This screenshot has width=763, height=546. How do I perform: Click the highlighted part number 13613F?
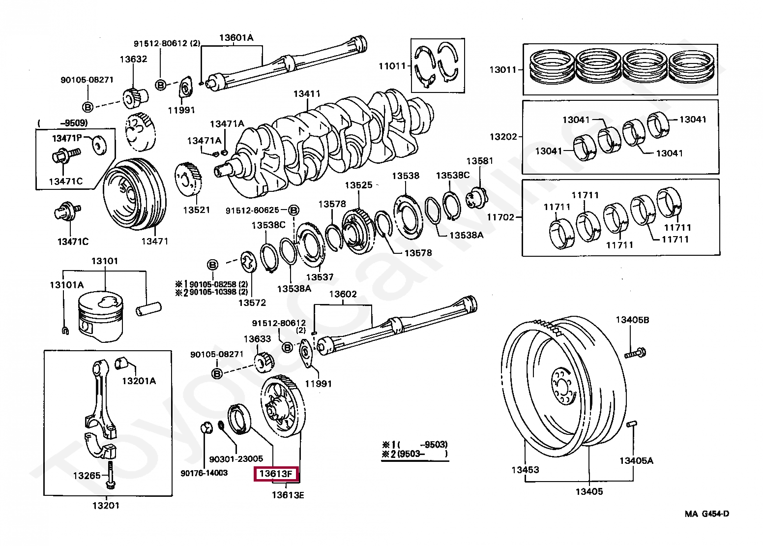click(276, 474)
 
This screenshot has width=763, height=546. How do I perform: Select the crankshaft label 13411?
click(307, 94)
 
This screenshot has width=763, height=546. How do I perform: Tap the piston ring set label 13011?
click(503, 70)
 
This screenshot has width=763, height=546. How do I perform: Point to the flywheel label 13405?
click(589, 491)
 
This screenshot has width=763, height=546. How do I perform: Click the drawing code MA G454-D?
click(707, 514)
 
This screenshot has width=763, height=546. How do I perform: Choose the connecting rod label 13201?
click(106, 506)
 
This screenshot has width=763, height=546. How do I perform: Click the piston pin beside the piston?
click(148, 309)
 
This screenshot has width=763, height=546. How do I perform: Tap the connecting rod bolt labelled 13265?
click(111, 475)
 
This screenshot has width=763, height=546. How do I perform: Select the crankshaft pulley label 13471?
click(155, 242)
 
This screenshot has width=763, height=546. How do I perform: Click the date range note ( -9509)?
click(62, 122)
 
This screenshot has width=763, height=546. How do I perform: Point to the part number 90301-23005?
click(236, 459)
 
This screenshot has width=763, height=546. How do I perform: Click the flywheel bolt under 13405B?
click(635, 353)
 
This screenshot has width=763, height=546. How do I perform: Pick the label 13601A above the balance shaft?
click(236, 37)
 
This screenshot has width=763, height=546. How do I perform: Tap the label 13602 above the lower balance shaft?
click(343, 294)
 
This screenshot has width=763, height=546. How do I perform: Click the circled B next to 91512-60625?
click(293, 211)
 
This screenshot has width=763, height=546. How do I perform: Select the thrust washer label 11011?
click(392, 66)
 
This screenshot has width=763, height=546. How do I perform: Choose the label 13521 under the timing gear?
click(197, 210)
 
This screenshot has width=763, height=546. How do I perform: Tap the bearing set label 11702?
click(500, 217)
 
